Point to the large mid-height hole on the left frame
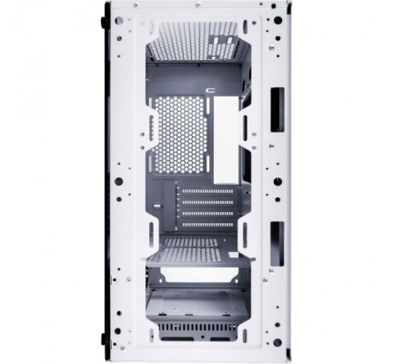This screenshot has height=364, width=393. pos(119,180)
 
